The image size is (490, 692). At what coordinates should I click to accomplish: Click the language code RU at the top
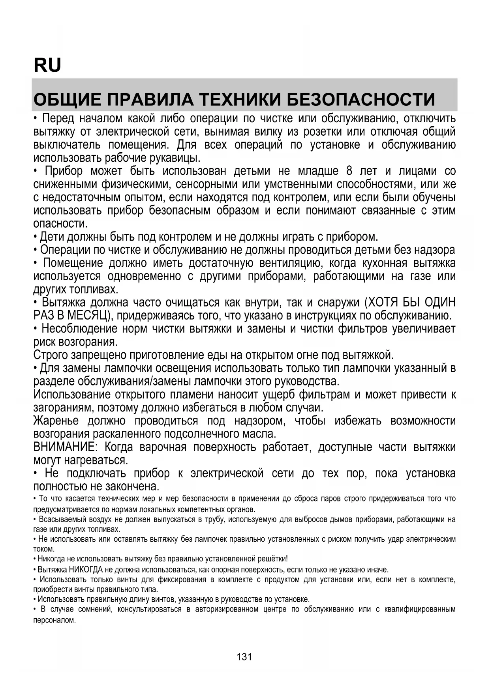point(47,65)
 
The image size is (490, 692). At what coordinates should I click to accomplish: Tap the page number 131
point(244,656)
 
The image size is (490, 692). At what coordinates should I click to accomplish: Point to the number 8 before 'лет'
point(349,171)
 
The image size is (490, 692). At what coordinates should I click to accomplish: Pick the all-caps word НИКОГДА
point(85,570)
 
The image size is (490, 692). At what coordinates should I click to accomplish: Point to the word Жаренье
point(56,421)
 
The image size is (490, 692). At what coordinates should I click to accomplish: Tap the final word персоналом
point(54,620)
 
